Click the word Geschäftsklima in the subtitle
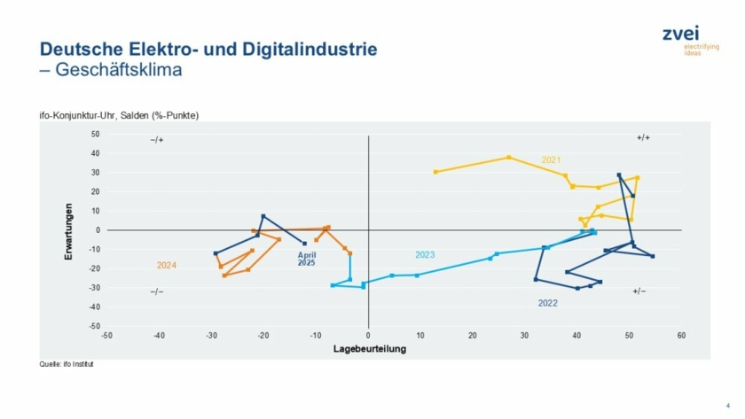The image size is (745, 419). pyautogui.click(x=119, y=70)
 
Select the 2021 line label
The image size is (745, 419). pyautogui.click(x=551, y=159)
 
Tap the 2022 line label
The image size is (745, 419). pyautogui.click(x=547, y=303)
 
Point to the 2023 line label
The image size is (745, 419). pyautogui.click(x=425, y=255)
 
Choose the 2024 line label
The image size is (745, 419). pyautogui.click(x=167, y=265)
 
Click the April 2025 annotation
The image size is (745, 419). pyautogui.click(x=306, y=259)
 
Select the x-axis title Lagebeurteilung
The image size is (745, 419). pyautogui.click(x=369, y=349)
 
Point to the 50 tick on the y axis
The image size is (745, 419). pyautogui.click(x=95, y=135)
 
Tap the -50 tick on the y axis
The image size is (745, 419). pyautogui.click(x=94, y=326)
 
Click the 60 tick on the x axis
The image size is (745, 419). pyautogui.click(x=680, y=336)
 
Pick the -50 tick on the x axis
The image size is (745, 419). pyautogui.click(x=106, y=336)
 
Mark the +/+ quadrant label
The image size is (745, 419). pyautogui.click(x=643, y=138)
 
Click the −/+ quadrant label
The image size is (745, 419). pyautogui.click(x=157, y=140)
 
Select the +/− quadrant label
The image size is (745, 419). pyautogui.click(x=639, y=291)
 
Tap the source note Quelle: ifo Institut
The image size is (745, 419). pyautogui.click(x=67, y=364)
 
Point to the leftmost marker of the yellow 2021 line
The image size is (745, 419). pyautogui.click(x=435, y=172)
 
